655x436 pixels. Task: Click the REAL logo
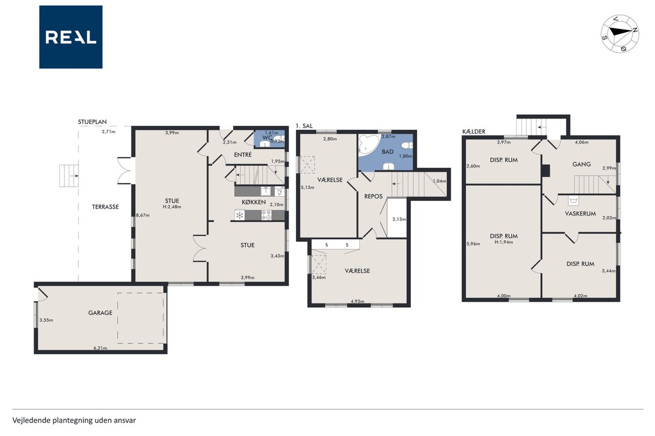pos(71,37)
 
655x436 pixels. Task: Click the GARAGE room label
pos(100,313)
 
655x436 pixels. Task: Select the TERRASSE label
pos(105,207)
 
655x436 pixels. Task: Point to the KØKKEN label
pos(254,202)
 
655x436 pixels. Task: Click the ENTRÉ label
pos(243,155)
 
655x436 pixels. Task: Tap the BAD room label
pos(388,152)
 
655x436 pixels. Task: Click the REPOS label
pos(374,196)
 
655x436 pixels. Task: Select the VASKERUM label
pos(580,214)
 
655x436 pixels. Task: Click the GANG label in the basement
pos(582,164)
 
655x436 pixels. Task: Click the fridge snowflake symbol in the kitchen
pos(239,216)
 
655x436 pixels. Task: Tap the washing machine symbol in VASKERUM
pos(574,201)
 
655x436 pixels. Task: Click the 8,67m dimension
pos(143,216)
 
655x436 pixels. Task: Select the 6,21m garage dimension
pos(100,348)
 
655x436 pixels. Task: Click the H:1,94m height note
pos(504,242)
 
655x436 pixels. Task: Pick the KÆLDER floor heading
pos(474,132)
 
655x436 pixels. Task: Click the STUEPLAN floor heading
pos(92,122)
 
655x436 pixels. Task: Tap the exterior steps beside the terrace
pos(69,176)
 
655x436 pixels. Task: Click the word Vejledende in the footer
pos(31,420)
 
